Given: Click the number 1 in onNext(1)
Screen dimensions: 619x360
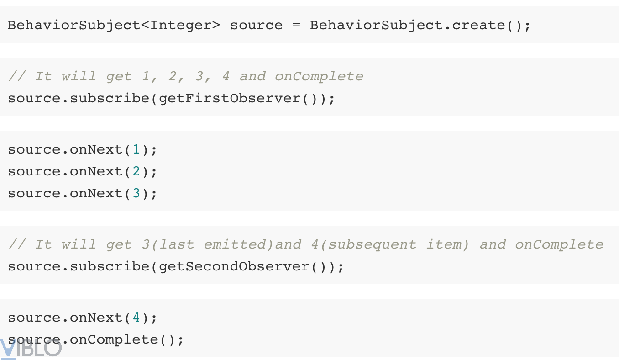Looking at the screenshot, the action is [136, 149].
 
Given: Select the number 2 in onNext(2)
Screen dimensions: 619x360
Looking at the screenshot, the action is [136, 171].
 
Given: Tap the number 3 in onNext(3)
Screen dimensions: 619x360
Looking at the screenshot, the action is [136, 193].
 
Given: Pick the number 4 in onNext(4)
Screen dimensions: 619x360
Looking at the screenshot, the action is [136, 318].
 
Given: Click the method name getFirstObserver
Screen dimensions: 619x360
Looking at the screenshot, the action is [230, 99].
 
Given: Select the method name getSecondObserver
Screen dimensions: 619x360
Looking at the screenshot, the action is [234, 267].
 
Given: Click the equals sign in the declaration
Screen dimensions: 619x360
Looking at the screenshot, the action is [296, 26].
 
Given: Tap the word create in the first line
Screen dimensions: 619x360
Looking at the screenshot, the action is [479, 26].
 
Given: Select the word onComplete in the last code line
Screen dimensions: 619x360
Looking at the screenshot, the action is [114, 340].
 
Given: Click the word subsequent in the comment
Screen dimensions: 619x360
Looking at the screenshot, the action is [372, 245].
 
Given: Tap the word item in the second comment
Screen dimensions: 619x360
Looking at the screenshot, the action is [443, 245].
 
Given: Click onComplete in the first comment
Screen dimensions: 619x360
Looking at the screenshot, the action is [319, 77].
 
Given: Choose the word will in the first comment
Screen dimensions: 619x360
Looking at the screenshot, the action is [79, 77].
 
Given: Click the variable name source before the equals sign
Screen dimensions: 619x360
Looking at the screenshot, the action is [256, 26].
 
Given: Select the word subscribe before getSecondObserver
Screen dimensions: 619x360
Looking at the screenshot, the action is [110, 267].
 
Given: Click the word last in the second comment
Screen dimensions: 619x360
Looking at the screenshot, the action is [176, 245].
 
